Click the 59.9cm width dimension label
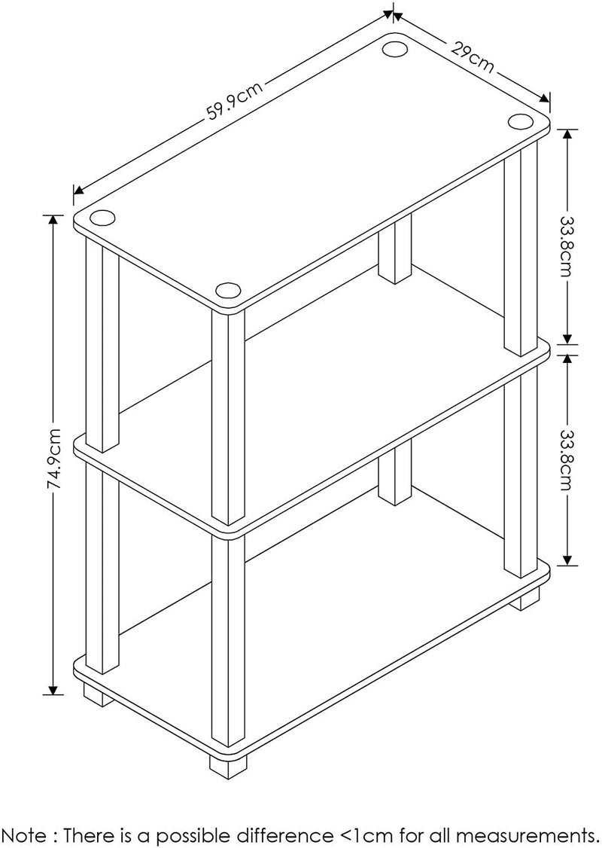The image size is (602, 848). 236,100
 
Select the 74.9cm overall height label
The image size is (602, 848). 53,459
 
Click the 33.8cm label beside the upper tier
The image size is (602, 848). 566,237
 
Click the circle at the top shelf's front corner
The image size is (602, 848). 227,290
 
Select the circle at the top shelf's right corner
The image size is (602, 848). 520,121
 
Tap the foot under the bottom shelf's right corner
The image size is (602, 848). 524,599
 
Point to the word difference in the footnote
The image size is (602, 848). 283,834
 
